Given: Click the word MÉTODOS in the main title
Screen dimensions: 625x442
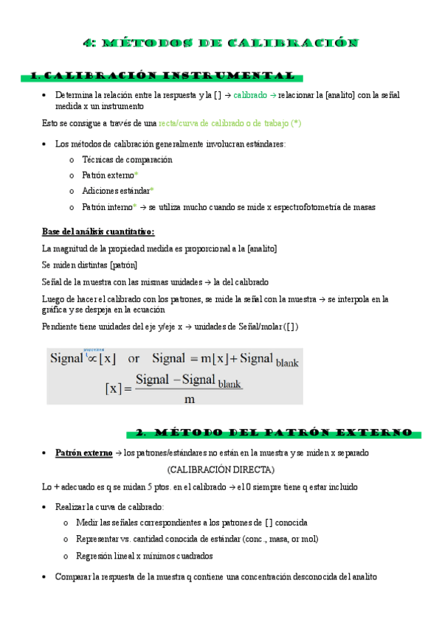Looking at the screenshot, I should tap(148, 43).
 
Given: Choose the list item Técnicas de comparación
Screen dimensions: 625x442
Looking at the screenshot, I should tap(127, 159).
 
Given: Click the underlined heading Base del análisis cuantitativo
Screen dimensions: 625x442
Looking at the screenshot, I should tap(98, 231).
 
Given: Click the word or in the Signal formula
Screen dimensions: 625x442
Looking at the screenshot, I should tap(134, 359).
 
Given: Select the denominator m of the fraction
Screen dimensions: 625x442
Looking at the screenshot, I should tap(189, 399).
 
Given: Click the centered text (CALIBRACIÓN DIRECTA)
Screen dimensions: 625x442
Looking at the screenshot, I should tap(221, 469).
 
